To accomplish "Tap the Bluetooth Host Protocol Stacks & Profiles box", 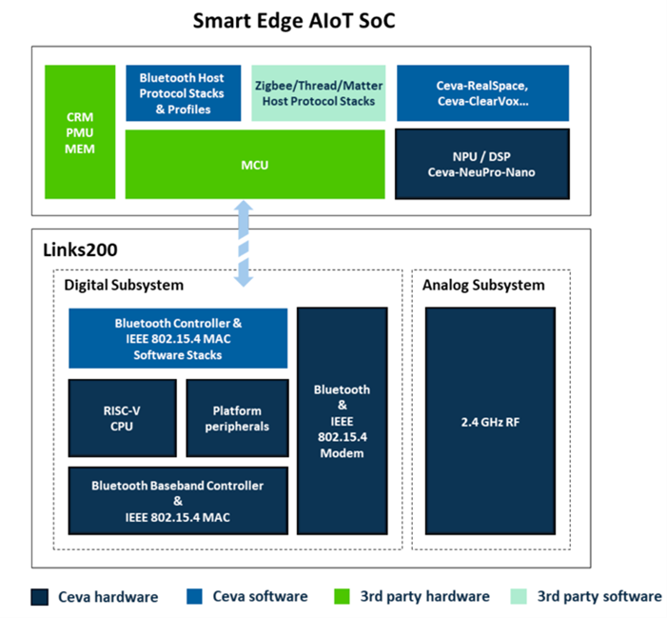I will [181, 93].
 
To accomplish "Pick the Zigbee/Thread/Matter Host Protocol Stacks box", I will [318, 93].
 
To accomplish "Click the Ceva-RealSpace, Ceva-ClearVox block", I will [481, 93].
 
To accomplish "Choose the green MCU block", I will [255, 165].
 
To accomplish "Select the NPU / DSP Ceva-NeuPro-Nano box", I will [481, 164].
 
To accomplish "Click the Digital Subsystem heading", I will [120, 285].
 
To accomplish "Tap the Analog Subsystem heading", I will [483, 285].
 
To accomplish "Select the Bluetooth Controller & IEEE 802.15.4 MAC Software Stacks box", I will [178, 338].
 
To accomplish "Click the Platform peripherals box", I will [237, 418].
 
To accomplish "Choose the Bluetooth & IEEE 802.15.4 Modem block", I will [342, 422].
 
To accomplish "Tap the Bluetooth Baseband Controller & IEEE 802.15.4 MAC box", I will [178, 501].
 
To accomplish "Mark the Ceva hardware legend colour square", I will [40, 597].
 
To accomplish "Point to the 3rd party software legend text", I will [599, 597].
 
